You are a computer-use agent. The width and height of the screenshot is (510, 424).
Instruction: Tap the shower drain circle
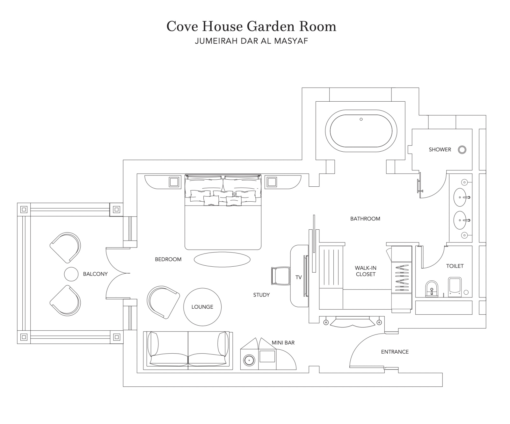pos(462,150)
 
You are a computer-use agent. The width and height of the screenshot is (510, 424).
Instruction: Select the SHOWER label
pos(440,149)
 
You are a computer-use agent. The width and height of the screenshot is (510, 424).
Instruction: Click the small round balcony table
pos(71,274)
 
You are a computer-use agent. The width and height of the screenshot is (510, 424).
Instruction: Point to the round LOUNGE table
pos(202,307)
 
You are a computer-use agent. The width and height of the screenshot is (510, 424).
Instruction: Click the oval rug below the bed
pos(222,259)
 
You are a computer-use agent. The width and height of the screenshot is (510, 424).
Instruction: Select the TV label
pos(298,277)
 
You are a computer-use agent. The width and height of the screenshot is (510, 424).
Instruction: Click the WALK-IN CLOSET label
pos(366,271)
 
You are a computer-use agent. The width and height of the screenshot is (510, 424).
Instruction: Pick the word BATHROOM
pos(365,219)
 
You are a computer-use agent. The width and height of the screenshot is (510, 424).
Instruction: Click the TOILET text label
pos(455,266)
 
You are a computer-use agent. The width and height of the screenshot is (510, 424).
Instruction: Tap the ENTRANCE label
pos(395,352)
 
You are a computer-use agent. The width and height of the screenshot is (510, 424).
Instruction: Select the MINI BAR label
pos(283,343)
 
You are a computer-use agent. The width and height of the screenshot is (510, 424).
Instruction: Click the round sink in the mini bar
pos(249,360)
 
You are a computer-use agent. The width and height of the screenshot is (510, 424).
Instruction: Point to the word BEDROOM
pos(168,259)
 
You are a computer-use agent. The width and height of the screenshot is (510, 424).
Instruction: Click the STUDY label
pos(261,295)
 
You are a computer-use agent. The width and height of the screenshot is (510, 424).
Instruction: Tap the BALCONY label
pos(95,274)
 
